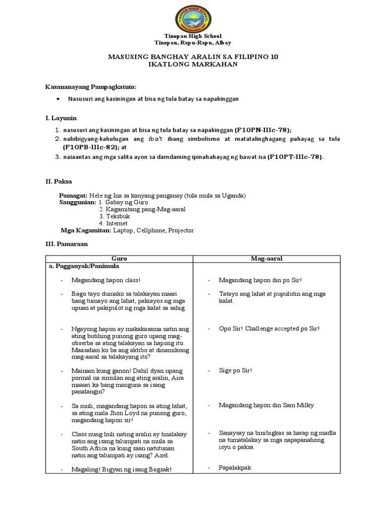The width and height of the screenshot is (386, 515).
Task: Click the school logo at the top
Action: (x=193, y=19)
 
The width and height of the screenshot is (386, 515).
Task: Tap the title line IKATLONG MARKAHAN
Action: (x=193, y=65)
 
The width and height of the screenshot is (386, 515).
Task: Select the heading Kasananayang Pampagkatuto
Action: (x=91, y=87)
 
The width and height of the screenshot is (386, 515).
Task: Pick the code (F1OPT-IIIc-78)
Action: (x=296, y=156)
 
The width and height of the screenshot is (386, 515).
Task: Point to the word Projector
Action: (x=181, y=230)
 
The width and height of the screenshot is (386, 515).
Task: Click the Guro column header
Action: (x=119, y=259)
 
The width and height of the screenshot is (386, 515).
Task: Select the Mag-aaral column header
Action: (x=267, y=259)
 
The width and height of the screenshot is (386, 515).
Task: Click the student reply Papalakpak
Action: (x=235, y=468)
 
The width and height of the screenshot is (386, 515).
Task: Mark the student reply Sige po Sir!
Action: (x=235, y=370)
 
